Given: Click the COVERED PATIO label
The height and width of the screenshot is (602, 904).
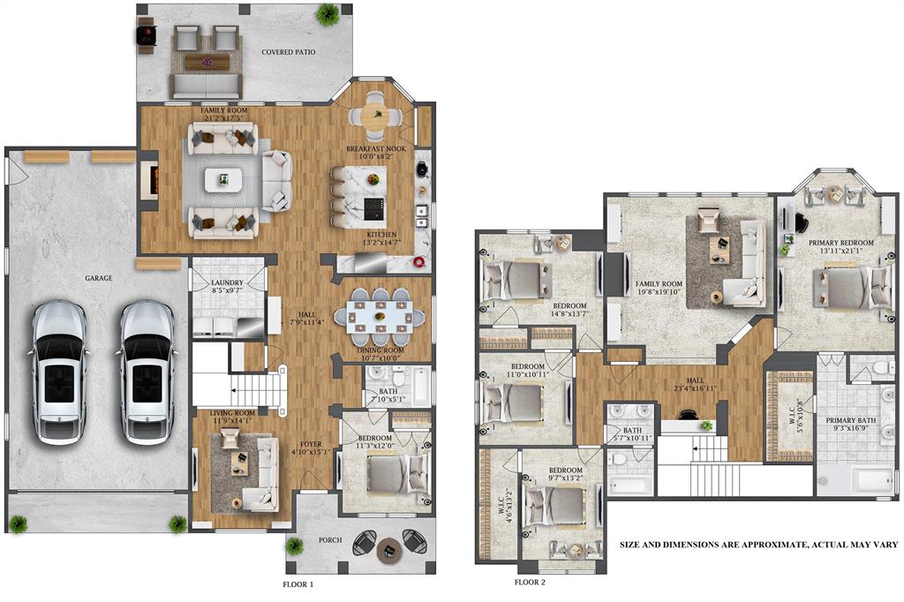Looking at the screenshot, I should point(289,52).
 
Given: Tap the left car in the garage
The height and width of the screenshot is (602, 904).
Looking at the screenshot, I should point(60,372).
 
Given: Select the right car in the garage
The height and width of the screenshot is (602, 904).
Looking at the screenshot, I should point(147,372).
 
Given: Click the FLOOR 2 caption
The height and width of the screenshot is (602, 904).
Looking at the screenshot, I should point(530,582).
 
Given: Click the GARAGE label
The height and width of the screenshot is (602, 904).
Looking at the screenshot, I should point(98,278).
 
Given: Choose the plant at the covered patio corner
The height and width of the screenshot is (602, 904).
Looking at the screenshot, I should point(328,12).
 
